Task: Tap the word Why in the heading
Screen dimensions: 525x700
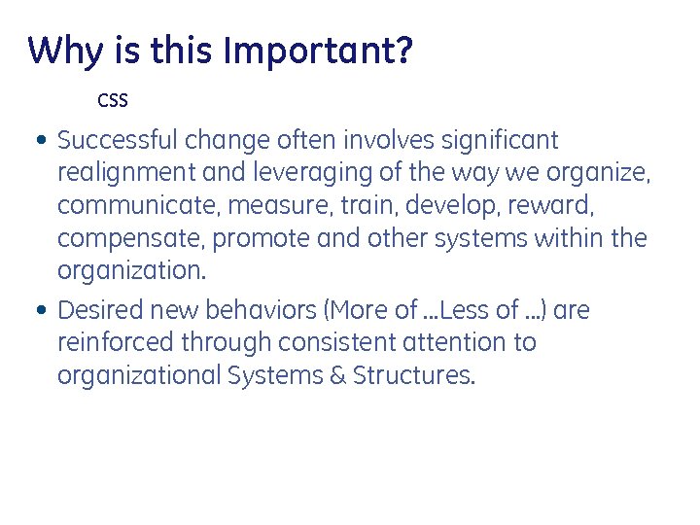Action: tap(62, 51)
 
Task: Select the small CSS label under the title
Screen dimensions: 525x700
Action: tap(113, 100)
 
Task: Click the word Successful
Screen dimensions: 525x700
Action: tap(118, 141)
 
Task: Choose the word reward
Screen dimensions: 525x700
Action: tap(553, 206)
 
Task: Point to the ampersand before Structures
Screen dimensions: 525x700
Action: tap(337, 375)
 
